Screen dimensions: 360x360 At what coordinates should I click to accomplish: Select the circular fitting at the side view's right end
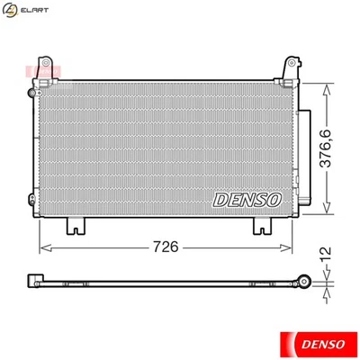tap(306, 281)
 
